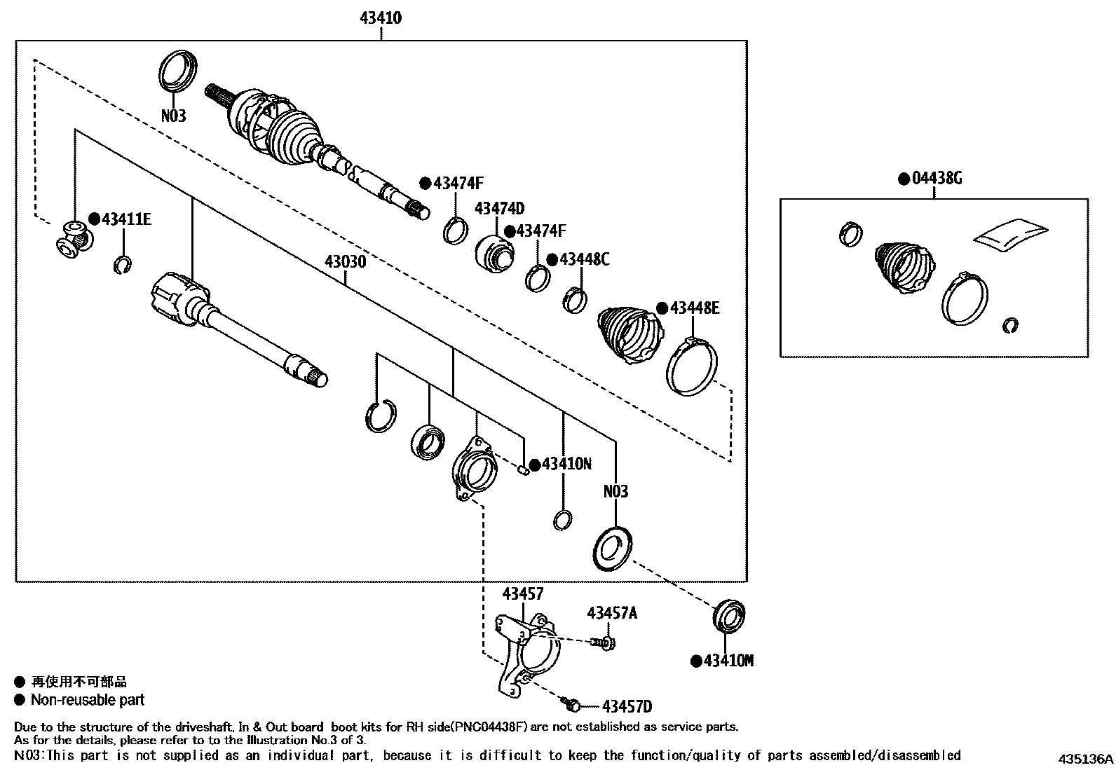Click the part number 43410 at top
pos(381,18)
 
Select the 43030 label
pos(345,262)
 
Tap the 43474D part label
pos(499,209)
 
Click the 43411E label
pos(126,219)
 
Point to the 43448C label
pos(584,260)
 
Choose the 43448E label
pos(694,308)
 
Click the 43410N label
pos(566,464)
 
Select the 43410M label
pos(728,661)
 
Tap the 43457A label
pos(612,614)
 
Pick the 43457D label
pos(627,707)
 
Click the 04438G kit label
pos(937,179)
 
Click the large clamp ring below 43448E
pos(692,366)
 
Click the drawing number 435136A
pos(1085,759)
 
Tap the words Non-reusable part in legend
pos(88,699)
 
